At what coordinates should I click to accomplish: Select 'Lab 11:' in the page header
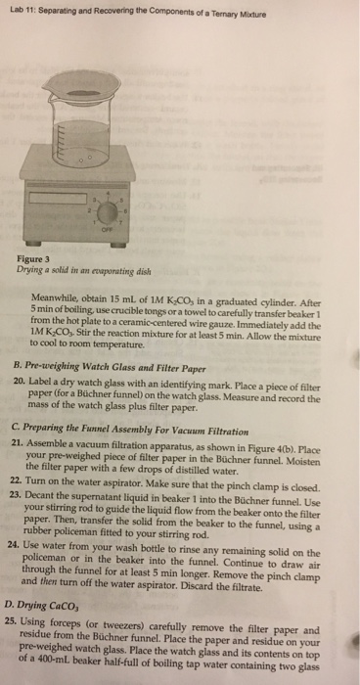coord(22,10)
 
